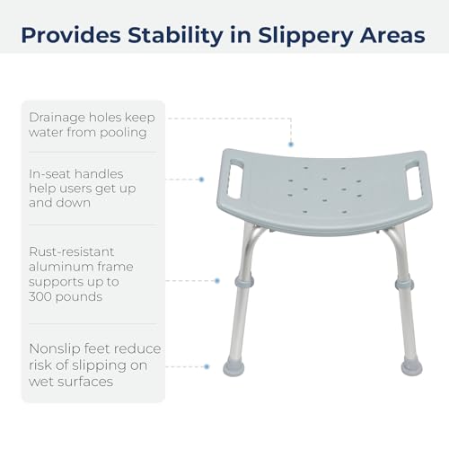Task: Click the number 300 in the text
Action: coord(43,296)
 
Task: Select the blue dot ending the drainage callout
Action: coord(291,145)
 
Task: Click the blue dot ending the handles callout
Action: coord(202,180)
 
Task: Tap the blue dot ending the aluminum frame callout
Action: coord(218,281)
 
